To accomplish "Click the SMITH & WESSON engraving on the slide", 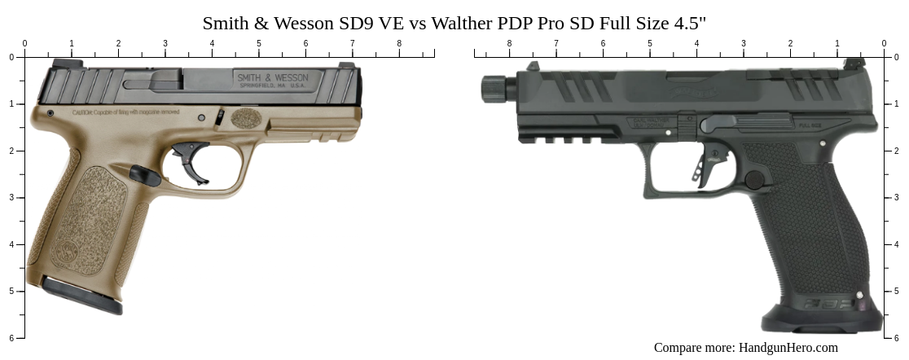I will [272, 77].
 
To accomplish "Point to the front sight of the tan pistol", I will [346, 65].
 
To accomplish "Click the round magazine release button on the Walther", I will [755, 179].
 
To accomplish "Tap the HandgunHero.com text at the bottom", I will [788, 348].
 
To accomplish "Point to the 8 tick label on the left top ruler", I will [399, 43].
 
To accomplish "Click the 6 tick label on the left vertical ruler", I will [11, 338].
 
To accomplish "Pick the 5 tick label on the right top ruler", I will [650, 43].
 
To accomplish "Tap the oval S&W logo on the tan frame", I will [246, 118].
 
